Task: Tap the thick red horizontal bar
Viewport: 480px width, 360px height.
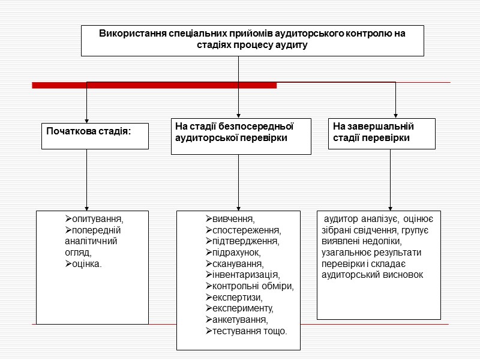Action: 154,86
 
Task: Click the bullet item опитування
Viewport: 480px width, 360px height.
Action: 97,218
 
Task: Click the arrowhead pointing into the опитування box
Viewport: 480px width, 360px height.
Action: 86,207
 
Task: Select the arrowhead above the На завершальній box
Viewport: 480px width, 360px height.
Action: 395,115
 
